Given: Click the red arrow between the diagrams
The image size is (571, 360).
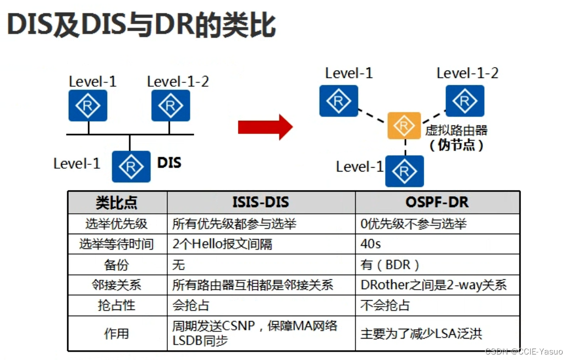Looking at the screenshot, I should [265, 128].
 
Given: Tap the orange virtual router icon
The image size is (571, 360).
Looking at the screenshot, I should [404, 126].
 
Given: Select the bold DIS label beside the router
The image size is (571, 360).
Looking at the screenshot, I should [169, 163].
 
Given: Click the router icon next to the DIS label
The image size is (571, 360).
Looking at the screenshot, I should [131, 167].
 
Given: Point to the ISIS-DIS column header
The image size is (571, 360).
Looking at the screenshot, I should [261, 202].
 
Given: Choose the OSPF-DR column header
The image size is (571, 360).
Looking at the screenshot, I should [437, 202].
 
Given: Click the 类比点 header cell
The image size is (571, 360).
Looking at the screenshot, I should [117, 203].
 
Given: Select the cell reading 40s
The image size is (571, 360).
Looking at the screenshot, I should [371, 244].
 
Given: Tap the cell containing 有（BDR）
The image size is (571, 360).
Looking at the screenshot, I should [391, 264].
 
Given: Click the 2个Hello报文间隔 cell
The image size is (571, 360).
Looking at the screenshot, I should [222, 244].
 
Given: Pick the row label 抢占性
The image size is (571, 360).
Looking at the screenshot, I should [117, 305].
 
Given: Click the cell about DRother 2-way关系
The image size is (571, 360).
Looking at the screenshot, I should [433, 285].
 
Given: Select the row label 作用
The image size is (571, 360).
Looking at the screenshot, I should [117, 333].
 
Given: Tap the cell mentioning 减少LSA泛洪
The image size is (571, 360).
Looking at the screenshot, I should [421, 333].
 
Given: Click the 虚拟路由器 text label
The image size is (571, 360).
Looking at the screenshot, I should [457, 131].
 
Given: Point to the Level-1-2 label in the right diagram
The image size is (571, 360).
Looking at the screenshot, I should [468, 73].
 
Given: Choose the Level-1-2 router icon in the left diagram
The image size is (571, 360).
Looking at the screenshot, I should [171, 106].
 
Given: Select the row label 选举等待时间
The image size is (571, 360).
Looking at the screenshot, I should [117, 244].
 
